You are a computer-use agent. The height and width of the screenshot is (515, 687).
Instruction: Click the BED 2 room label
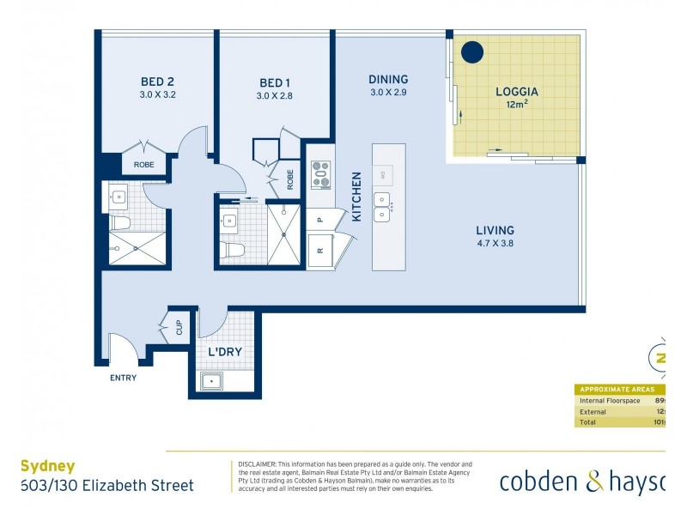click(157, 82)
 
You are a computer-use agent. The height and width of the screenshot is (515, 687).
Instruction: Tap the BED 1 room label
click(275, 83)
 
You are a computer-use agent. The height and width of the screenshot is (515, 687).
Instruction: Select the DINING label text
click(388, 79)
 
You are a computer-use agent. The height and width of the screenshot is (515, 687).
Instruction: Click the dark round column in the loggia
click(471, 52)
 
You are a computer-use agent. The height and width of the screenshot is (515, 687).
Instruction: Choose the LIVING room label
click(495, 230)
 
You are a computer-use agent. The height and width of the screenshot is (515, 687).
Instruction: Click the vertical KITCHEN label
click(356, 197)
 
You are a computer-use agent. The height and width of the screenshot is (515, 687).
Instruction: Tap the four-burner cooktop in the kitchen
click(320, 174)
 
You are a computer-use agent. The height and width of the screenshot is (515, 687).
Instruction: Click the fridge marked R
click(320, 251)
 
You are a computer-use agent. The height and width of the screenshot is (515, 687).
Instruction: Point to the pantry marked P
click(319, 219)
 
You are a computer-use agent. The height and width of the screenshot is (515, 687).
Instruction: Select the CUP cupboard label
click(179, 329)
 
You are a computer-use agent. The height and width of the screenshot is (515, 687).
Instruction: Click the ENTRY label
click(123, 378)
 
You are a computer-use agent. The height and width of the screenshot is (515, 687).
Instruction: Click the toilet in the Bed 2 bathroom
click(120, 224)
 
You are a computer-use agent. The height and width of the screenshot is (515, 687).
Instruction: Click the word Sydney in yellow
click(47, 467)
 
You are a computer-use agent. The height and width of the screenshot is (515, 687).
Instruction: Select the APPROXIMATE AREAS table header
click(617, 389)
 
